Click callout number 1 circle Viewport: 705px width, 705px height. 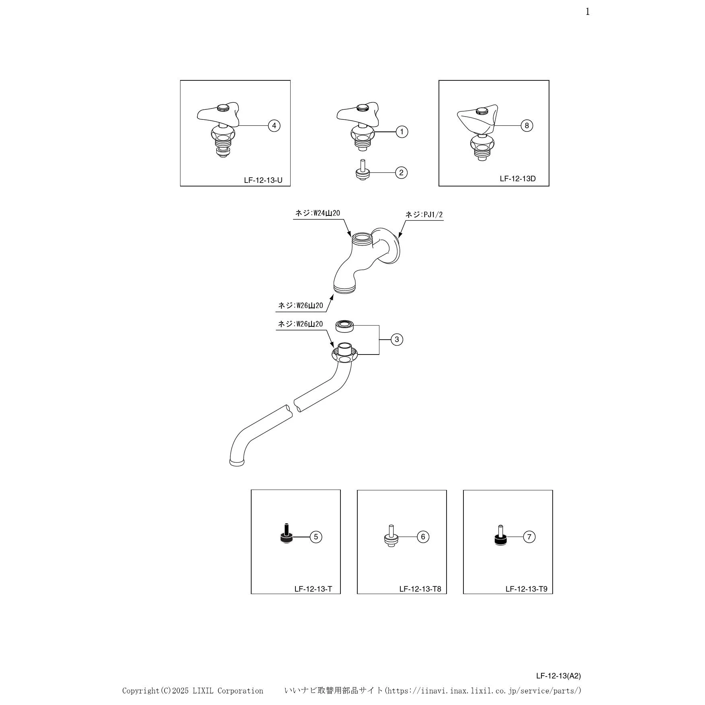pos(402,132)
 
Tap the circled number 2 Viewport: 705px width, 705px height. pos(401,173)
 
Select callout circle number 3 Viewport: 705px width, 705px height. pos(397,340)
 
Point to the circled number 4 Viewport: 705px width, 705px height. pos(274,126)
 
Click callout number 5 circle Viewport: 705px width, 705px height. pos(316,537)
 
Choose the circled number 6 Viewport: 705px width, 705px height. pos(423,537)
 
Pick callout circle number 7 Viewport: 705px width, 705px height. pos(529,537)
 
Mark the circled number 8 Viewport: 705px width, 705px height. pos(527,126)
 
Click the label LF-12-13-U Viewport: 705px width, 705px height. pos(263,180)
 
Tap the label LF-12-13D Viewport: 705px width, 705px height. pos(518,179)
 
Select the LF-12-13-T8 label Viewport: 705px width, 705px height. pos(420,589)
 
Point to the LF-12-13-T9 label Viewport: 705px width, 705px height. pos(526,589)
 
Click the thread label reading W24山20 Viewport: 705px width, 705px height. pos(318,213)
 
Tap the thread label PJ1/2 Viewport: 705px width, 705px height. pos(424,215)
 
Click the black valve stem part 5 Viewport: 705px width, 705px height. pos(286,535)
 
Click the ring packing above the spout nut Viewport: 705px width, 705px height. pos(344,326)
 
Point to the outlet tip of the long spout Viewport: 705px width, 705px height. pos(237,463)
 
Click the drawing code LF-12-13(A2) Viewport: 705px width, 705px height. pos(558,676)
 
